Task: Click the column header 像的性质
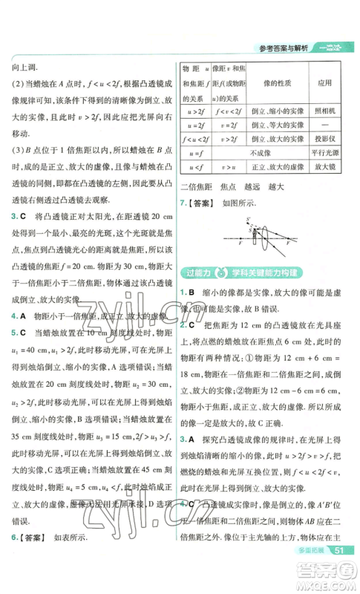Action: [x=272, y=84]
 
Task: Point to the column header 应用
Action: [x=322, y=84]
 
